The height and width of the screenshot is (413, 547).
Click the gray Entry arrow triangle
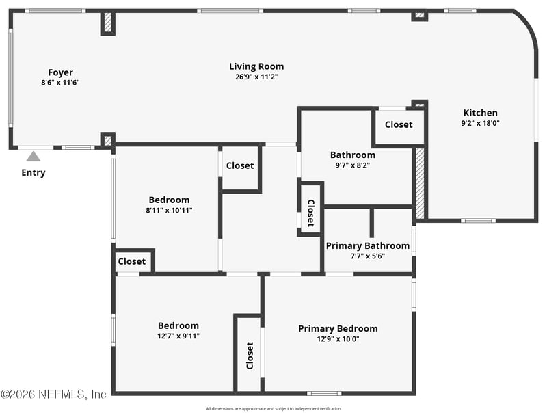33,157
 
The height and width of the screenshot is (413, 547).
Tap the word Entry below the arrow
33,172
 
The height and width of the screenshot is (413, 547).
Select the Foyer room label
60,72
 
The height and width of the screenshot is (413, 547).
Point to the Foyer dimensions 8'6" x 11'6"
60,82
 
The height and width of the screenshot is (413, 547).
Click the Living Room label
256,66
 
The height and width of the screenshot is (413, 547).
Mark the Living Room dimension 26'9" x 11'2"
256,77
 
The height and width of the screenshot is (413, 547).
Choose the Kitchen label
481,113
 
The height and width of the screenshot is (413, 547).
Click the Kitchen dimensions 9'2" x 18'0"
481,123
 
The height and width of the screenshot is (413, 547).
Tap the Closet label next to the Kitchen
399,124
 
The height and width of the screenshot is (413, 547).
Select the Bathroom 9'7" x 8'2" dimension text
353,165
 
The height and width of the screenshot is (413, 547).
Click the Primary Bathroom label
368,245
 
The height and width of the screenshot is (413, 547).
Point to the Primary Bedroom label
338,328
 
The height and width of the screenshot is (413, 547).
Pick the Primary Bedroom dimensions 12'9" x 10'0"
338,338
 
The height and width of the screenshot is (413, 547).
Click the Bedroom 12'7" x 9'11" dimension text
178,336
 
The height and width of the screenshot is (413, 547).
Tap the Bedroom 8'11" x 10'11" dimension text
169,210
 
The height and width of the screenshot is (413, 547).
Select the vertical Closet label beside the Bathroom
310,213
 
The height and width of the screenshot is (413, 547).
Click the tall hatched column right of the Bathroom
420,184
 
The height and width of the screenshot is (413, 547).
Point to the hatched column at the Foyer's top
108,23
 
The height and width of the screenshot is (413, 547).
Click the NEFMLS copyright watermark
53,395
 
